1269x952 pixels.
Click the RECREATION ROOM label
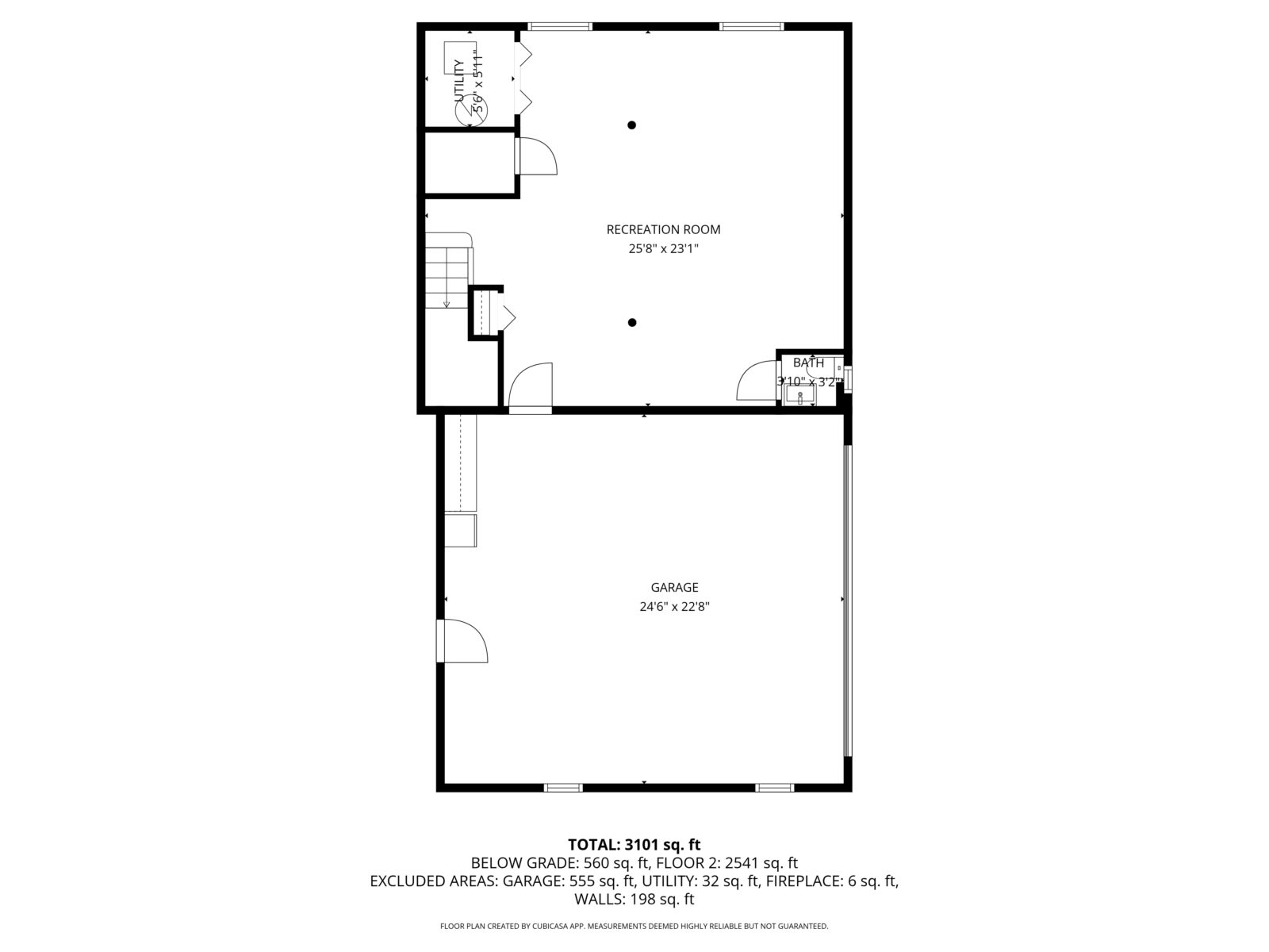[663, 230]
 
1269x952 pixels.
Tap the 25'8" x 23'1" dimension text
[663, 249]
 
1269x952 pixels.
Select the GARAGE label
[674, 588]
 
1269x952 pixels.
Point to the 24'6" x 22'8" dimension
[674, 607]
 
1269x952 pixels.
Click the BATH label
[808, 363]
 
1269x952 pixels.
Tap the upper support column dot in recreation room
[631, 125]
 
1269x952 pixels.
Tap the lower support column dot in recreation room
[632, 323]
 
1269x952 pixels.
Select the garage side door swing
[463, 641]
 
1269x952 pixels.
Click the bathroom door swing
[756, 381]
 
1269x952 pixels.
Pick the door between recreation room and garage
[530, 389]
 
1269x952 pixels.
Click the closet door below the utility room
[537, 156]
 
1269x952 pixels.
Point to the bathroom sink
[800, 393]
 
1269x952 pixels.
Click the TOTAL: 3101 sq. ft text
[634, 845]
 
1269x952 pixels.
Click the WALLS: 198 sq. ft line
[634, 900]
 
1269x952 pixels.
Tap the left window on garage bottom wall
[563, 788]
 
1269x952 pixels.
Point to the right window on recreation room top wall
[751, 27]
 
